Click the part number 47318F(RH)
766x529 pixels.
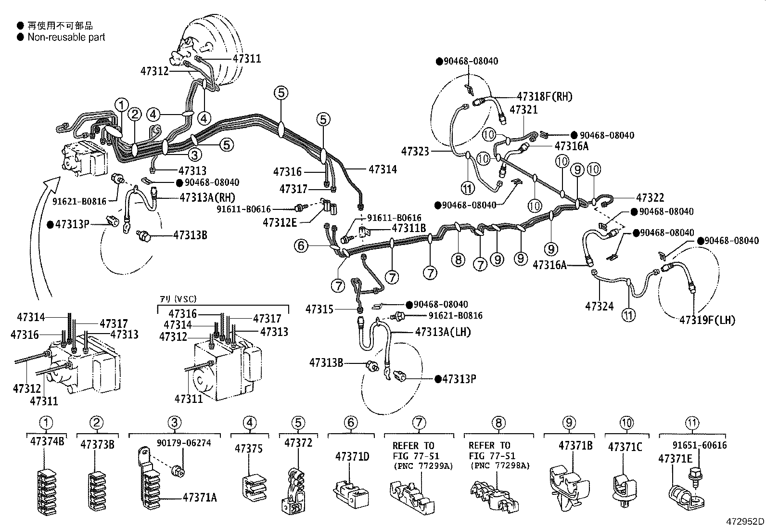coord(545,96)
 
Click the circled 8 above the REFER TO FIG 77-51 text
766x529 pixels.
coord(498,423)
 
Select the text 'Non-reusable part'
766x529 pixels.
coord(66,37)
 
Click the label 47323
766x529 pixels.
coord(415,152)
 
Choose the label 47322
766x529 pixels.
coord(650,198)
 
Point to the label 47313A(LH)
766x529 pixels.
coord(443,332)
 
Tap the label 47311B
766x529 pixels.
coord(409,228)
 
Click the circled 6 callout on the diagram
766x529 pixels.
coord(301,246)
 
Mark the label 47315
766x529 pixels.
coord(319,309)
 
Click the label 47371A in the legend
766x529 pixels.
coord(200,497)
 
